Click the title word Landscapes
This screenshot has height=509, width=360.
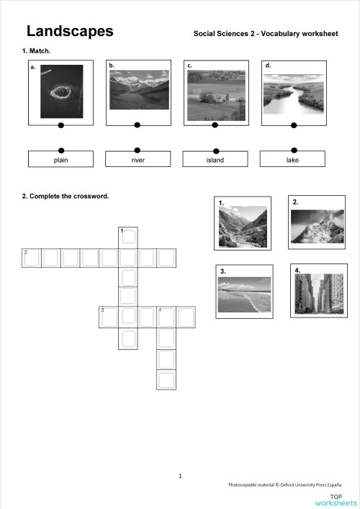70,31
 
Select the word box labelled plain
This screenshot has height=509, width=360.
60,159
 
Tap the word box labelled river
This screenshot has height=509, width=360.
138,159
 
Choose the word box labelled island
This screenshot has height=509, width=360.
215,159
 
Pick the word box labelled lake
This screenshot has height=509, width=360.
292,159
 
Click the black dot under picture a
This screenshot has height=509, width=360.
60,125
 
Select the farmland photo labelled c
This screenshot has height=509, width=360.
215,95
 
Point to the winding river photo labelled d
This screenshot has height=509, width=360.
292,94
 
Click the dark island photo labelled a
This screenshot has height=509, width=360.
61,91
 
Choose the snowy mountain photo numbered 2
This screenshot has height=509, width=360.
318,225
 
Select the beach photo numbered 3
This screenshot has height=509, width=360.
244,294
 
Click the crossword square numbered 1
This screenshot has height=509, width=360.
128,236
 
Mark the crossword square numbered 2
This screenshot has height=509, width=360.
31,257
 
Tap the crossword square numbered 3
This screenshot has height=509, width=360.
109,315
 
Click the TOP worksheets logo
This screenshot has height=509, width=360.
343,499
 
